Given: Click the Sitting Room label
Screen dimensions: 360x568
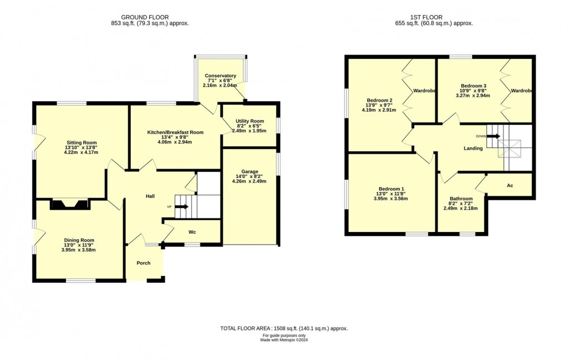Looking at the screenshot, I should coord(81,142).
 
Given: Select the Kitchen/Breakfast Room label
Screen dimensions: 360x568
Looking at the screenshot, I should coord(175,132).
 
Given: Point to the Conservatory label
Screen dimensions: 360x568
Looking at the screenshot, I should coord(220,76).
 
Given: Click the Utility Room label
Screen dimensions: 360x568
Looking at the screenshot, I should coord(249,121).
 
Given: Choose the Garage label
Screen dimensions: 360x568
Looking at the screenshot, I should coord(249,171).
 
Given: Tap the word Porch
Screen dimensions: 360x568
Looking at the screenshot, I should coord(144,263).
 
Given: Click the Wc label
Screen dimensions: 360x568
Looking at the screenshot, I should coord(192,232).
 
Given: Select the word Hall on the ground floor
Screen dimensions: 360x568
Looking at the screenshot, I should coord(150,196).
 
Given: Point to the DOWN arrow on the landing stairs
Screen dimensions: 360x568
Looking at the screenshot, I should coord(492,135).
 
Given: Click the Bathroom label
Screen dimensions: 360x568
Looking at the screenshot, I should coord(461,199).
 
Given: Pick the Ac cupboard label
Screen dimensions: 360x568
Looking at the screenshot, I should coord(510,185).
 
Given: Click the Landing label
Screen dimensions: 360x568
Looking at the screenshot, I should coord(473,149).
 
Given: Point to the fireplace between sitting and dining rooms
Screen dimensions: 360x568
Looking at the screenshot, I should coord(70,204).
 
